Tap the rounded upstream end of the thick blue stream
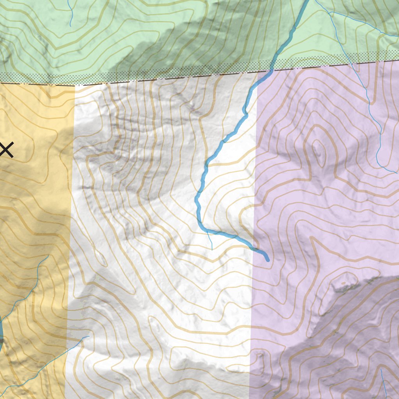tap(267, 259)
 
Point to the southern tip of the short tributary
tap(212, 249)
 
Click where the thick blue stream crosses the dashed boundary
tap(270, 71)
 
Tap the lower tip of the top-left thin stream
tap(70, 26)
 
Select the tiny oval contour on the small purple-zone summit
tap(343, 283)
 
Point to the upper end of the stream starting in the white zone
tap(89, 336)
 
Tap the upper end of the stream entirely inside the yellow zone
tap(48, 256)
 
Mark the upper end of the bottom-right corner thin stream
tap(381, 369)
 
